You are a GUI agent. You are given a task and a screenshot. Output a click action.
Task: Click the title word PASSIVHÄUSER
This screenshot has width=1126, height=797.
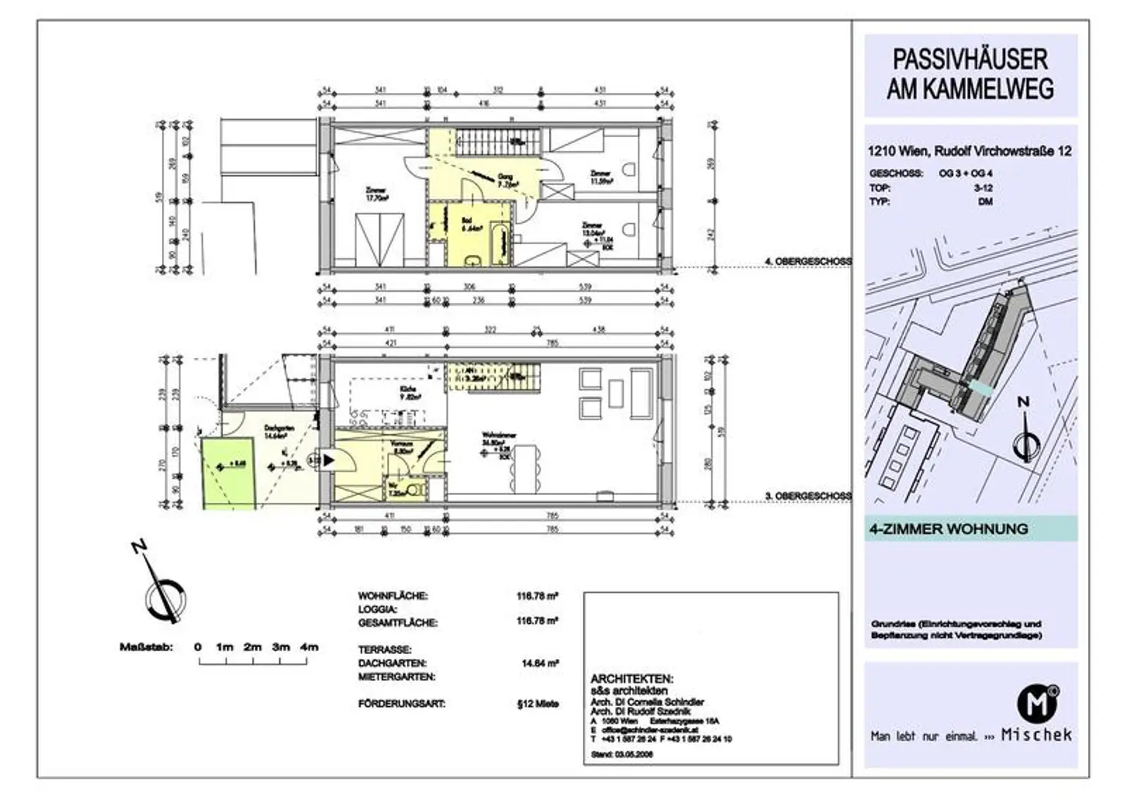(x=970, y=59)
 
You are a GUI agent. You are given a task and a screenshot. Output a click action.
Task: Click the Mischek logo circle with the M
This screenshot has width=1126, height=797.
(x=1037, y=703)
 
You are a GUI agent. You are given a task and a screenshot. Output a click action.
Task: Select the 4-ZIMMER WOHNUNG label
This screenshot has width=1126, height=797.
(x=948, y=529)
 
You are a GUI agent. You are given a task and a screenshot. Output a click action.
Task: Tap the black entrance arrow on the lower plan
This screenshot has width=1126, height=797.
(x=328, y=460)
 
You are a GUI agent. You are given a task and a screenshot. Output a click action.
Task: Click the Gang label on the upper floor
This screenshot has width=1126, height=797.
(x=505, y=177)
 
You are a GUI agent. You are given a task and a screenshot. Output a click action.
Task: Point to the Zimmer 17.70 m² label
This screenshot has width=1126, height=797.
(x=375, y=193)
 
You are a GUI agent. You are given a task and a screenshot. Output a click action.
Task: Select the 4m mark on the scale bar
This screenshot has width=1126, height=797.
(x=309, y=647)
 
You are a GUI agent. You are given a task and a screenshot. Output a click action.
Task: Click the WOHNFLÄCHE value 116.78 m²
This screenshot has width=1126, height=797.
(x=537, y=596)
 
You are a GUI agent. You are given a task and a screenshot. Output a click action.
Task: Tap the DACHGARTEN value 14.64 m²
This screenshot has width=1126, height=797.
(x=540, y=663)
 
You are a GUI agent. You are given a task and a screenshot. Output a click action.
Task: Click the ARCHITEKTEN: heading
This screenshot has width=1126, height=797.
(x=631, y=680)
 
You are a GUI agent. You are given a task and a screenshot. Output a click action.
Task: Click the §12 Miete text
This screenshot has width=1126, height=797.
(x=537, y=704)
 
